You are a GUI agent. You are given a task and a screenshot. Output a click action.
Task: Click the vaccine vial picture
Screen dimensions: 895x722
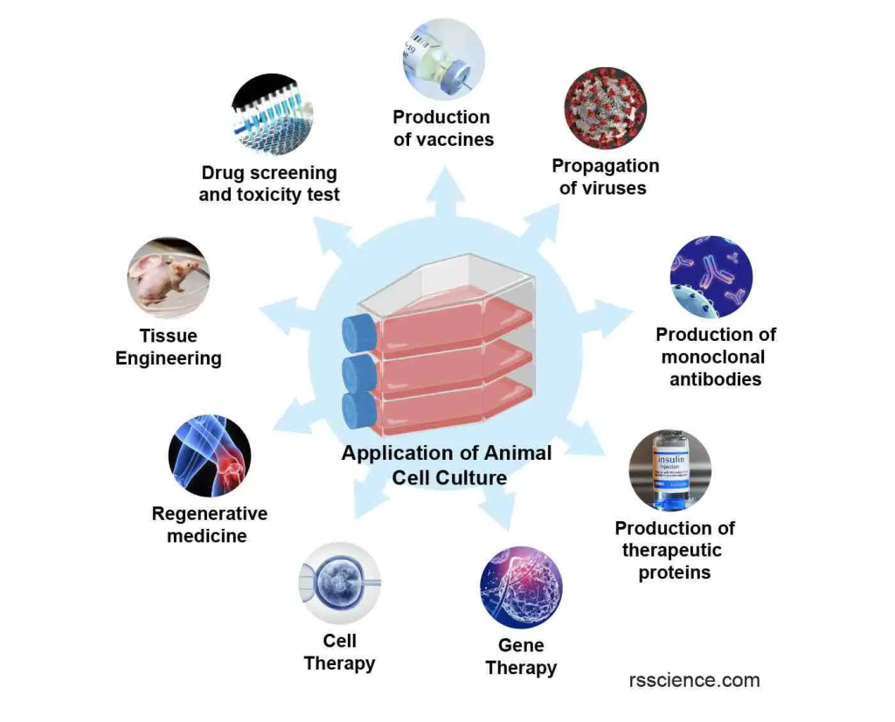[x=443, y=59]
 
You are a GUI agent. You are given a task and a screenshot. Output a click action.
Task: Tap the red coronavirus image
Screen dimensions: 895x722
[x=605, y=108]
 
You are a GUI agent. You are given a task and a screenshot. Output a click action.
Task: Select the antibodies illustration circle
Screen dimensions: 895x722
[x=711, y=277]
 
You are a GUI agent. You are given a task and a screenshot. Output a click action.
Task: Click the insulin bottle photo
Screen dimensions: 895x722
[x=670, y=470]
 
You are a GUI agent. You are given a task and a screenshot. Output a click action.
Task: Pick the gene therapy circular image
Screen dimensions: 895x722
[x=521, y=587]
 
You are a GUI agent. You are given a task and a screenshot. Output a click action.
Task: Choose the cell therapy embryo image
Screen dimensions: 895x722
[x=340, y=583]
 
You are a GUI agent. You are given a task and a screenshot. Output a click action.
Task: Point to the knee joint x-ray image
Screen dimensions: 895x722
[x=210, y=455]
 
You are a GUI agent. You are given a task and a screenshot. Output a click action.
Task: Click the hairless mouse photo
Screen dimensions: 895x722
[x=169, y=278]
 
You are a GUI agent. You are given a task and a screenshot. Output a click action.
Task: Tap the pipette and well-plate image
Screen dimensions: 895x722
[x=273, y=115]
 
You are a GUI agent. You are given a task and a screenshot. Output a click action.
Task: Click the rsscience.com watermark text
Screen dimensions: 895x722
[x=694, y=680]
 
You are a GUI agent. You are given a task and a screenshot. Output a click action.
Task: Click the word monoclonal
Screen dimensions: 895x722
[x=713, y=357]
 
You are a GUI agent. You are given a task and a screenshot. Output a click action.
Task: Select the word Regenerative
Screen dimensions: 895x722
[x=210, y=513]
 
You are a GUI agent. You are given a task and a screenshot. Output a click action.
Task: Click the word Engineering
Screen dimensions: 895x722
[x=169, y=358]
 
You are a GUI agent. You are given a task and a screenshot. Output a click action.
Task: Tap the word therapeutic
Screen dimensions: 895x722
[x=672, y=550]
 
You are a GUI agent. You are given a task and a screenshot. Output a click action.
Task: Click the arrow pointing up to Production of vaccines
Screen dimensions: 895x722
[x=445, y=191]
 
